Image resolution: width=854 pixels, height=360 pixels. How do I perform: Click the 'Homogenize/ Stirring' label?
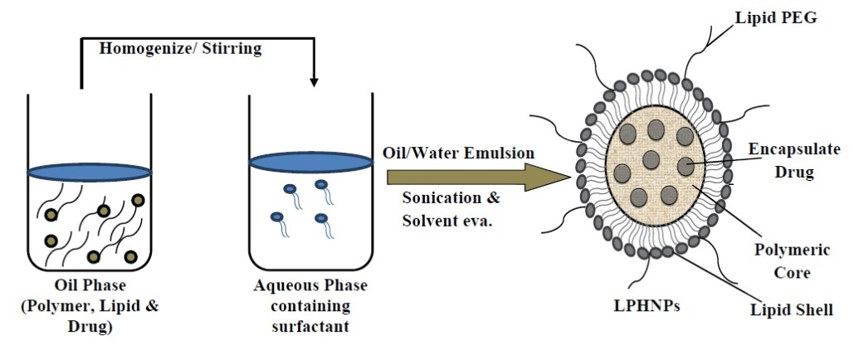[x=180, y=48]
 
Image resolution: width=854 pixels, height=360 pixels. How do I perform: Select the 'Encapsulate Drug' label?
[x=793, y=160]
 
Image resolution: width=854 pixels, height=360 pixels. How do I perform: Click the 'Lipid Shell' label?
[x=791, y=310]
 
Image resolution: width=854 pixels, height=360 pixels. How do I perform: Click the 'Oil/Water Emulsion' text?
[x=459, y=153]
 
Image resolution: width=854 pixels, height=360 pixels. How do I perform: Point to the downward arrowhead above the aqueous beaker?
[x=314, y=81]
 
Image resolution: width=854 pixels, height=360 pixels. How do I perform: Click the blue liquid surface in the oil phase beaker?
[x=90, y=173]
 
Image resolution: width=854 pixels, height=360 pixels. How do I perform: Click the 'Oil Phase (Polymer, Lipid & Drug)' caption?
[x=90, y=306]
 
